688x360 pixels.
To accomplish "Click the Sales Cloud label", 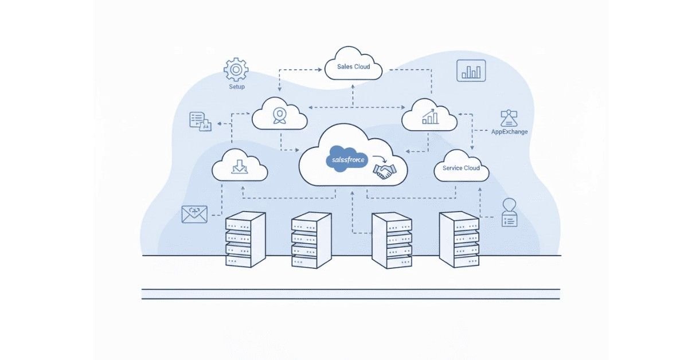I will pos(353,66).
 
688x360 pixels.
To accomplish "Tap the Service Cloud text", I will pos(461,168).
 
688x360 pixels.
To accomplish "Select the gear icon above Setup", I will pos(236,69).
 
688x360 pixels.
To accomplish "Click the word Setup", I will pos(236,87).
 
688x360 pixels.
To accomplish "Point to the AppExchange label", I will pos(510,132).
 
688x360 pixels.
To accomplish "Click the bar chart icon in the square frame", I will pos(471,70).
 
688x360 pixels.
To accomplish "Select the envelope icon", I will pos(194,214).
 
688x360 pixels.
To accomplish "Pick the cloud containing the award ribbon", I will pos(279,114).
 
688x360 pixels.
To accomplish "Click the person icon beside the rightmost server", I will pos(509,213).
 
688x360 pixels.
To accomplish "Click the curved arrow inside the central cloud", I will pos(379,159).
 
